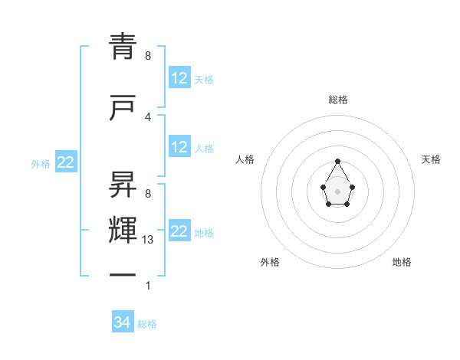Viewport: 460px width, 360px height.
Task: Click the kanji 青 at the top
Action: point(121,47)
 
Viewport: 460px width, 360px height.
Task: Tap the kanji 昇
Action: point(121,183)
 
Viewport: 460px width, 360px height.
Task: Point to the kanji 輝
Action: point(121,231)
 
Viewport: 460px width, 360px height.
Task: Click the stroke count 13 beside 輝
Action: point(148,240)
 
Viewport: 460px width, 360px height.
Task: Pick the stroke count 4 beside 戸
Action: point(148,116)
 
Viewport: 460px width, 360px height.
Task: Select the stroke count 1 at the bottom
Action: point(148,286)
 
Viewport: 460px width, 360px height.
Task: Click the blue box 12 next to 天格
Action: point(179,77)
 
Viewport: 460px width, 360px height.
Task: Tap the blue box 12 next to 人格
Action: point(179,147)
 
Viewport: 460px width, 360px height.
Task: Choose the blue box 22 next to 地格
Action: point(179,231)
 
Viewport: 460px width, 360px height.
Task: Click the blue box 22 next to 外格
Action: point(66,162)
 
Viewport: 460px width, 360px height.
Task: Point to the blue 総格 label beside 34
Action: point(147,324)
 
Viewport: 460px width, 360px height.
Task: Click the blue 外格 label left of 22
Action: point(41,163)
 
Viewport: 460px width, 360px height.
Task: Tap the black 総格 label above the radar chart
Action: point(338,100)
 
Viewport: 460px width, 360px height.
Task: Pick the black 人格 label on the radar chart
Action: point(245,159)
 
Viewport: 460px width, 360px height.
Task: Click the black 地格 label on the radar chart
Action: point(402,262)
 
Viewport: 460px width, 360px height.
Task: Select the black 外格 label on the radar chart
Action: point(270,262)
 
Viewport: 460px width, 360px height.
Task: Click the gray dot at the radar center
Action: point(337,191)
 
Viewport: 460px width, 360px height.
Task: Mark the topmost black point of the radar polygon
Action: point(337,161)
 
